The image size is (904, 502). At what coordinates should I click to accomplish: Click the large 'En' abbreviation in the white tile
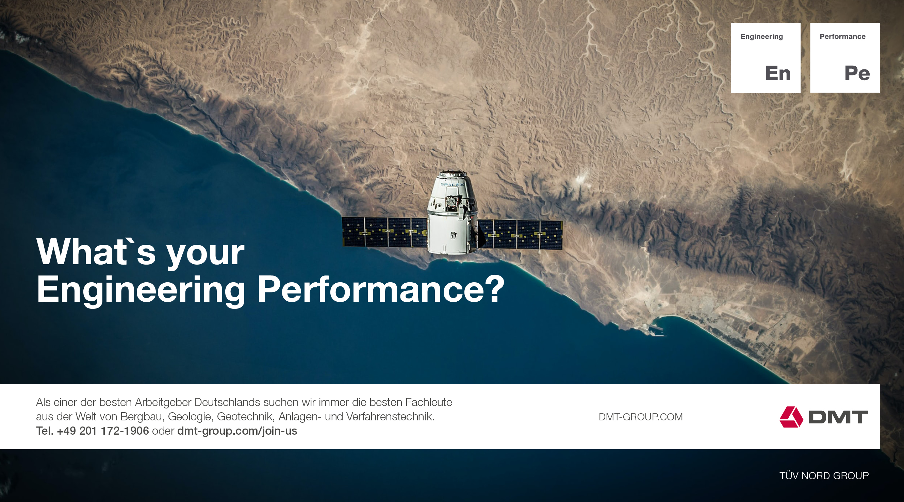(778, 73)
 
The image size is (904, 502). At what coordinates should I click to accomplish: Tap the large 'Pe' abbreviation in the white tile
(857, 73)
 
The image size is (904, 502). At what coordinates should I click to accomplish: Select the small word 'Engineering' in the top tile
(761, 36)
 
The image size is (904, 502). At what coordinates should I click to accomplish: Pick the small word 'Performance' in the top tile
(842, 36)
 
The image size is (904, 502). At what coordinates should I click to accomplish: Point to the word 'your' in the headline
(205, 255)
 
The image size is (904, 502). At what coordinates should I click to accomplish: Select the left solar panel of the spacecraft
(384, 232)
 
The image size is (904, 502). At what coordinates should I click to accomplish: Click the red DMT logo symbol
(791, 417)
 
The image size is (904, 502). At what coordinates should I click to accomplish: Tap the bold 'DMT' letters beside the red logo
(838, 417)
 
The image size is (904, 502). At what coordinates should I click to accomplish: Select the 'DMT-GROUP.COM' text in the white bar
(640, 417)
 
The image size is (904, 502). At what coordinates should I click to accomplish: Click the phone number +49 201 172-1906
(103, 431)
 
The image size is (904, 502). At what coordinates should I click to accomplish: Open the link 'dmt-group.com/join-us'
(237, 431)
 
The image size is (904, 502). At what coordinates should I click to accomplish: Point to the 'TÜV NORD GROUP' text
(824, 476)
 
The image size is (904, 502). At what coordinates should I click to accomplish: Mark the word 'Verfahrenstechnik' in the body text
(390, 416)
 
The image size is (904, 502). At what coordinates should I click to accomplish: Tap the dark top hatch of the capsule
(453, 174)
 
